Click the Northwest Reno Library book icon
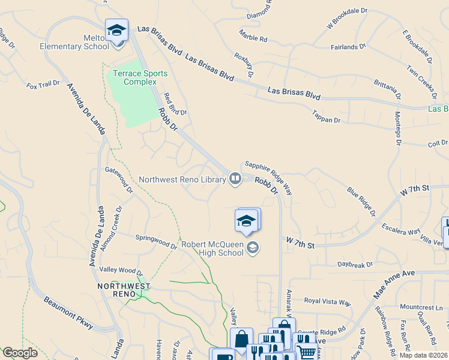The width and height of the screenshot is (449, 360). (235, 179)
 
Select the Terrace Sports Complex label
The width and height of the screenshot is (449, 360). (140, 77)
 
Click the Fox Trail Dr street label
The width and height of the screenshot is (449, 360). (44, 86)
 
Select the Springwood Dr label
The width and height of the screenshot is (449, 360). (156, 242)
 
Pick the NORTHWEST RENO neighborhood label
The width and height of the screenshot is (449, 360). (124, 291)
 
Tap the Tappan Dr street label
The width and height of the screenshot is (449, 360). (327, 116)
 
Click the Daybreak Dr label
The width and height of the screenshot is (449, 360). (355, 264)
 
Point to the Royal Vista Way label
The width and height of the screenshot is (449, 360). (327, 302)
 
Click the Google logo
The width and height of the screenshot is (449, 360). (20, 353)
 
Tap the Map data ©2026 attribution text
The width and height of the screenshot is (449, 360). (424, 355)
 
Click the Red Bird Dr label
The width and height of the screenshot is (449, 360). (175, 103)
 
